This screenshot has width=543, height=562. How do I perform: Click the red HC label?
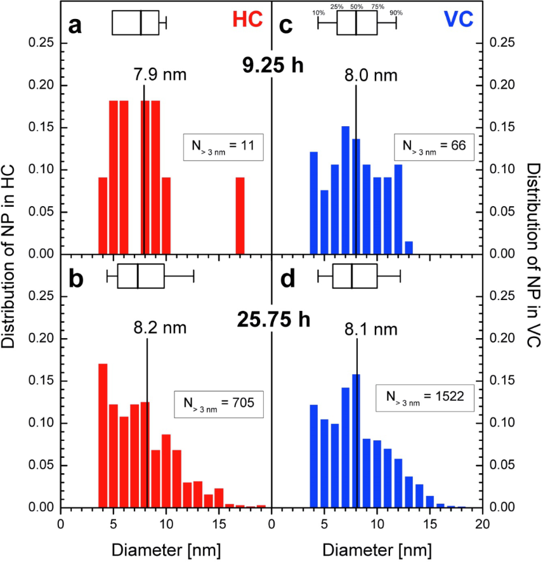coord(247,20)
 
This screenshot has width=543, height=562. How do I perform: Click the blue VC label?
coord(462,20)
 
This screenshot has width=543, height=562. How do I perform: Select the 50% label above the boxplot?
coord(357,6)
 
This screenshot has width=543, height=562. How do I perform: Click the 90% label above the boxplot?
coord(396,13)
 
